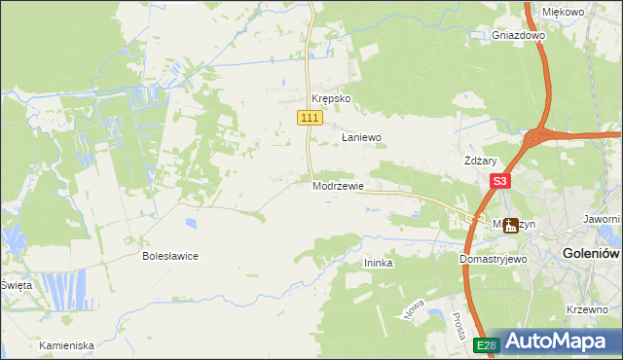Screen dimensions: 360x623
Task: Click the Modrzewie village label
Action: [338, 186]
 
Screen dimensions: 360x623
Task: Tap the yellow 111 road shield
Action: [310, 118]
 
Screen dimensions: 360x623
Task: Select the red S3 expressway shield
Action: [499, 181]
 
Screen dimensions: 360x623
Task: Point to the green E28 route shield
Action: [487, 344]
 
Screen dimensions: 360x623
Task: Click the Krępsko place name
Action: [330, 99]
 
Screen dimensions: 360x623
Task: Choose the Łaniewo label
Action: [361, 138]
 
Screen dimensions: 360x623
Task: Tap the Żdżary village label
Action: [481, 162]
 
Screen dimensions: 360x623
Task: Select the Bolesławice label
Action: [170, 256]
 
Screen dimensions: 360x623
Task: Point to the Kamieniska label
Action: [66, 345]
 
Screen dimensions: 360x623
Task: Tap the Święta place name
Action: [16, 284]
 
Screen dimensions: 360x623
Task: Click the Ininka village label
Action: [378, 264]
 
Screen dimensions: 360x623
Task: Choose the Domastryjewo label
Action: [493, 260]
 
